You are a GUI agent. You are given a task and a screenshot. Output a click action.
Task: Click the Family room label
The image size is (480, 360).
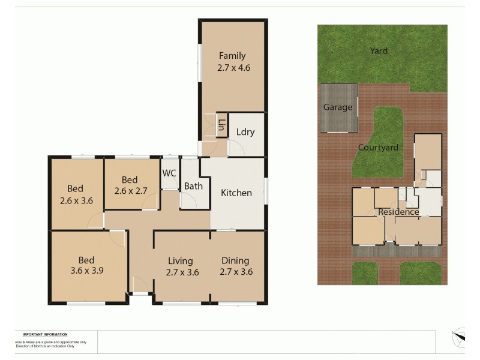232,56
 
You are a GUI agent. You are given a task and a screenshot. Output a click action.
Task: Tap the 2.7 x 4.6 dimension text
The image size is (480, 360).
233,68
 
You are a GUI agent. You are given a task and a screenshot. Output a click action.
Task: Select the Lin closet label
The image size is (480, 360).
221,125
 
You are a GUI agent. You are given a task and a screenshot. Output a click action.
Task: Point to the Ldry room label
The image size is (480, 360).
245,132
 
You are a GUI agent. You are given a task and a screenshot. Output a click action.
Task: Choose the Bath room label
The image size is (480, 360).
193,186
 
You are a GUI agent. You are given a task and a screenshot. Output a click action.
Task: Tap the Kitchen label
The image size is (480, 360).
236,193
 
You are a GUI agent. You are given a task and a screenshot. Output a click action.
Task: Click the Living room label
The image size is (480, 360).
180,260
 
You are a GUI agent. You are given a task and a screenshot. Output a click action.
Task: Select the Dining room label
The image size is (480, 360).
236,260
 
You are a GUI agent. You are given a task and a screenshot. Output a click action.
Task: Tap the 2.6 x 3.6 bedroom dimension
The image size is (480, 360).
76,200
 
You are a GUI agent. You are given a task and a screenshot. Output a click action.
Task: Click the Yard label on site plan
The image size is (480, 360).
379,51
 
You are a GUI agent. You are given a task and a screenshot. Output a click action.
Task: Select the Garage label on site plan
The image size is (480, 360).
338,107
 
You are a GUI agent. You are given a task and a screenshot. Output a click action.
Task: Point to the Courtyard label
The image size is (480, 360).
378,147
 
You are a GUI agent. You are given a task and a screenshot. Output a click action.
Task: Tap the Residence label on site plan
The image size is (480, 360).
398,212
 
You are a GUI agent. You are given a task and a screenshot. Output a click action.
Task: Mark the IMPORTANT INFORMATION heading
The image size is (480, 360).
45,334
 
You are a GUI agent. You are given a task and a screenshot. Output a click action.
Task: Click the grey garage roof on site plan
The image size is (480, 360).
339,120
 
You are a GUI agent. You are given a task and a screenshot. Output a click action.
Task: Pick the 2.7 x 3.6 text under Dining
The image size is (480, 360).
236,272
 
